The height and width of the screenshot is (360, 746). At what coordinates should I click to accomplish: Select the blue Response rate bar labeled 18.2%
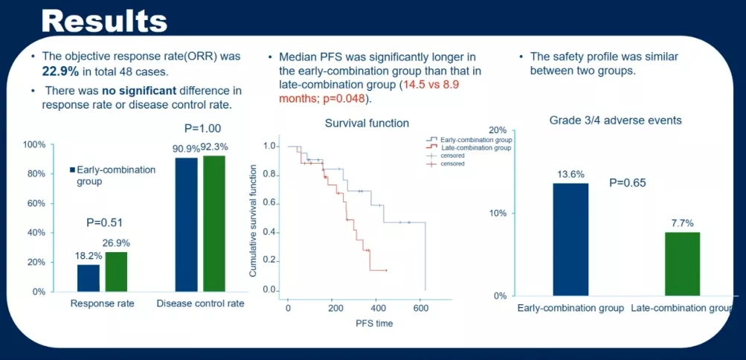pos(89,278)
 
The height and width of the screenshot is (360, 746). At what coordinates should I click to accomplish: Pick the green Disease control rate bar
pos(213,223)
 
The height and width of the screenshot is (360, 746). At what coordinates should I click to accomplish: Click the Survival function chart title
pos(367,123)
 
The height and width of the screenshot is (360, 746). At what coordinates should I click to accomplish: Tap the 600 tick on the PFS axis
pos(421,307)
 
